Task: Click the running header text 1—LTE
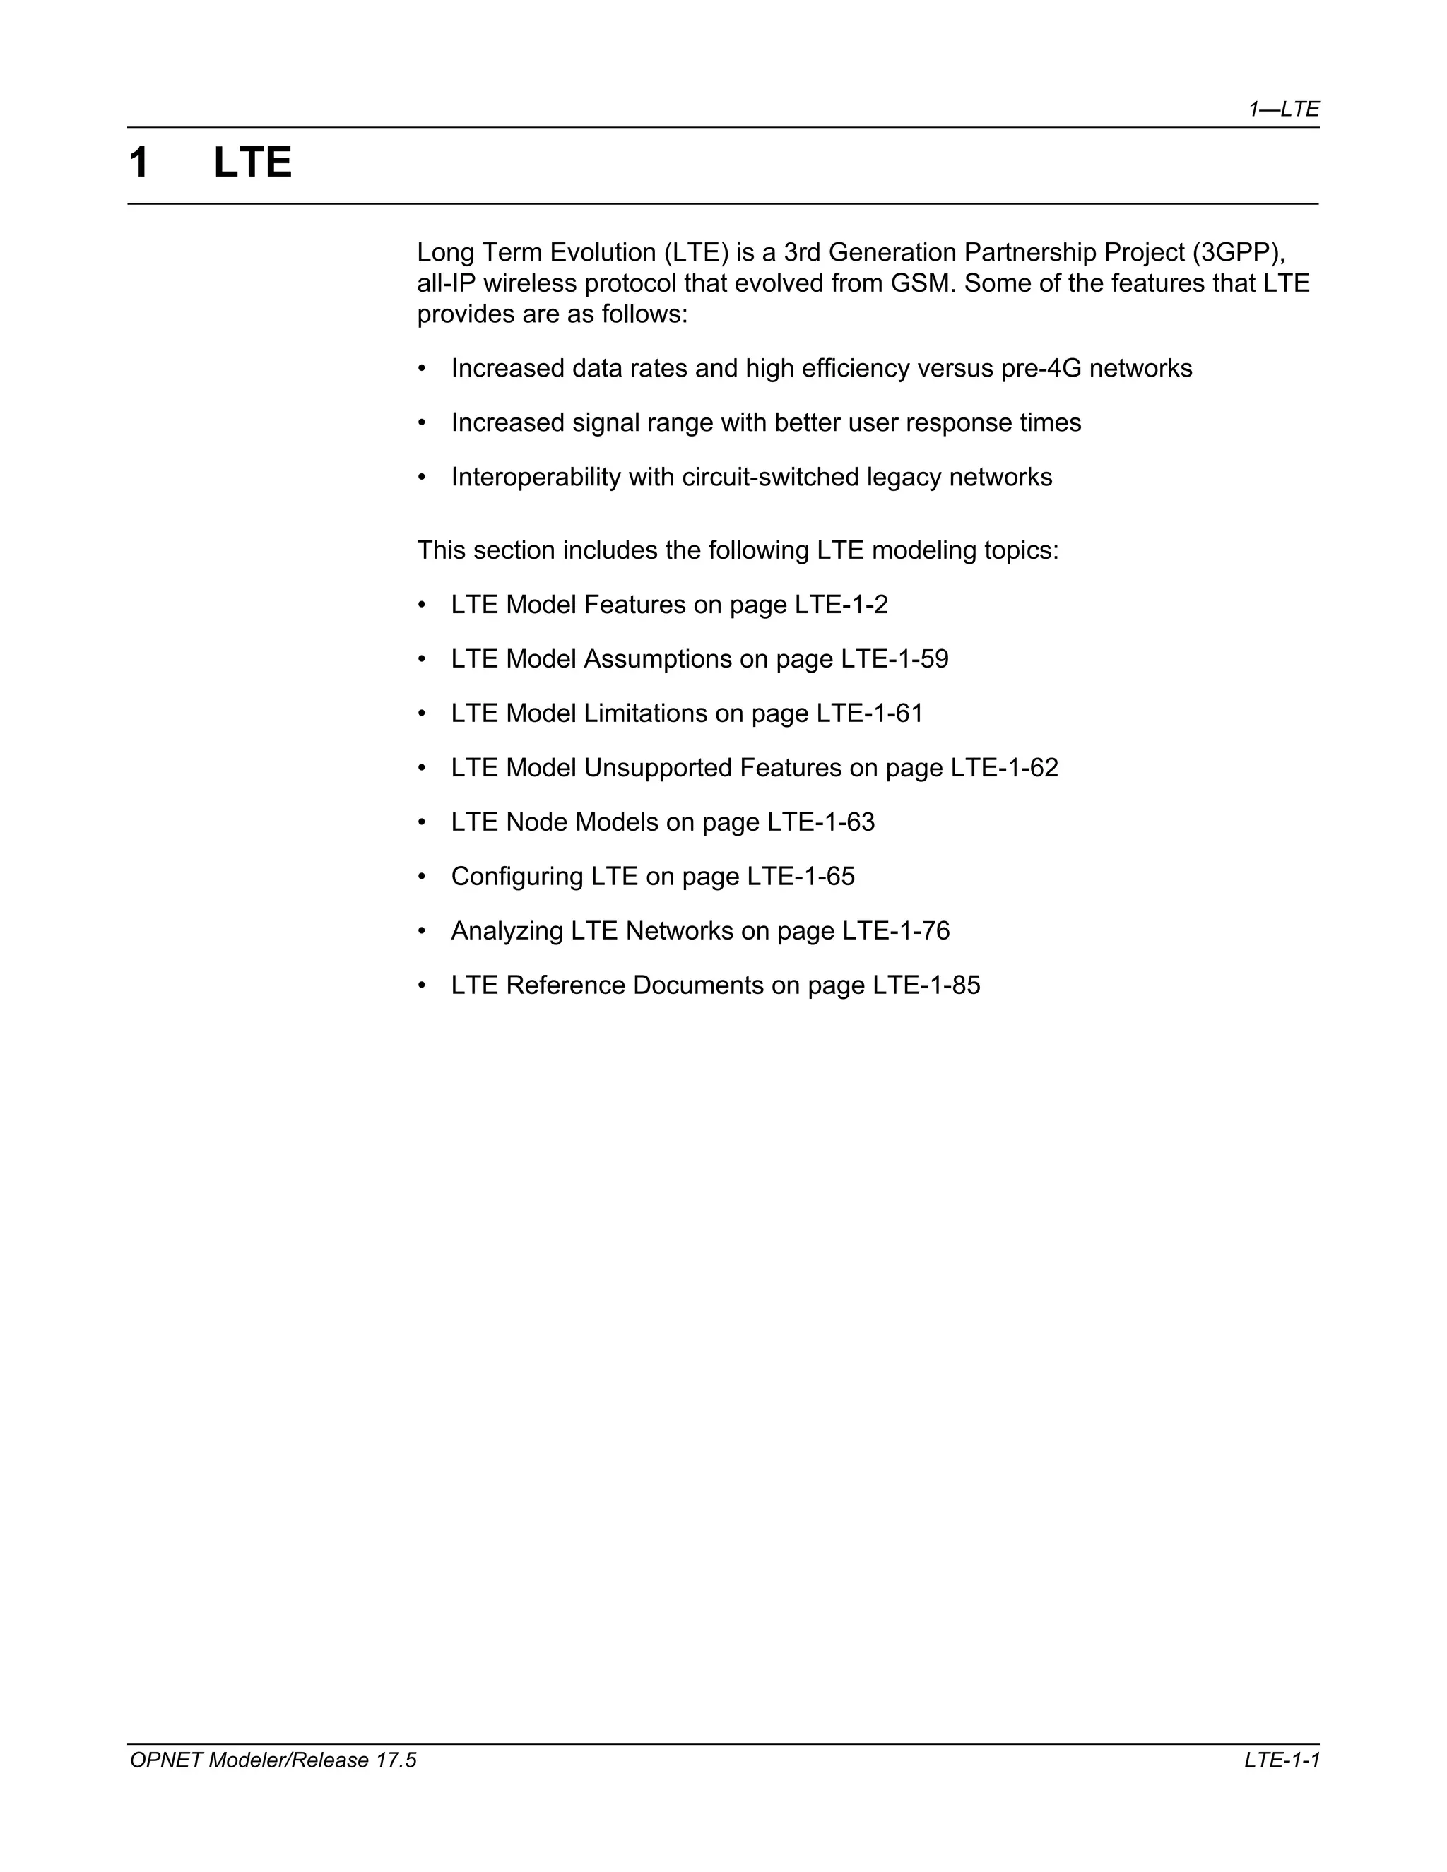click(x=1282, y=109)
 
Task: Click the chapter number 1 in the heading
click(x=140, y=163)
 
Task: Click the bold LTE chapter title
click(x=252, y=163)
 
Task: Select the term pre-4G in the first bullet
click(x=1041, y=369)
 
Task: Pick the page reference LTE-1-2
click(x=841, y=605)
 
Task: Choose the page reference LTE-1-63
click(x=820, y=823)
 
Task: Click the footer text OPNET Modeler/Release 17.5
click(x=273, y=1760)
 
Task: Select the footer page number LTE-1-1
click(x=1282, y=1760)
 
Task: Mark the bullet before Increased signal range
click(x=422, y=423)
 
